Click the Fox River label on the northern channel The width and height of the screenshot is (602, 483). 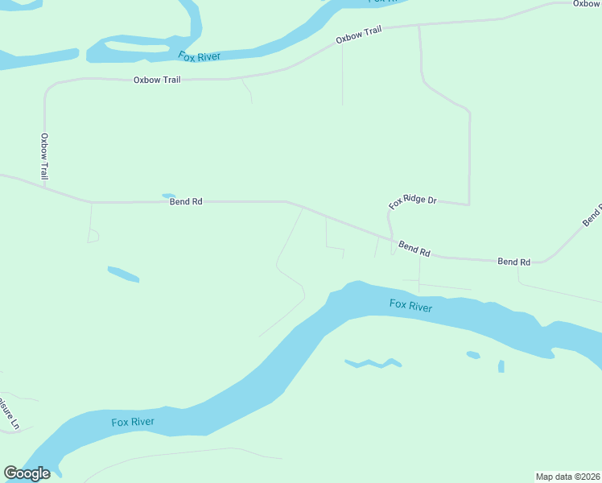pos(199,56)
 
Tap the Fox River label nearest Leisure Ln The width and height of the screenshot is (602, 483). pos(133,422)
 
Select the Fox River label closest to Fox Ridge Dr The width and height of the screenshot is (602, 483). pos(410,305)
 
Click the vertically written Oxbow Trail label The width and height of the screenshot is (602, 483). pos(45,156)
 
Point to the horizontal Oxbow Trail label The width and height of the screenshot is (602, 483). pos(156,80)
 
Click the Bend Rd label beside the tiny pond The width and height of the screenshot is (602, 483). pos(185,202)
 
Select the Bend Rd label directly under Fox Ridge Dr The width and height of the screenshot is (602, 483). pos(414,250)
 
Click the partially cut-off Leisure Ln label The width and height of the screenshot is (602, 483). pos(6,412)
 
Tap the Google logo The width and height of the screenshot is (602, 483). pos(27,473)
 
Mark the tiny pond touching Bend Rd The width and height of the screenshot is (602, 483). pos(168,196)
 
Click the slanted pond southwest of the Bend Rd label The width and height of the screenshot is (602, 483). pos(123,274)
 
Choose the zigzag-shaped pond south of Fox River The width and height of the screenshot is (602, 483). pos(373,363)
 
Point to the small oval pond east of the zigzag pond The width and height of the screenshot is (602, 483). pos(473,354)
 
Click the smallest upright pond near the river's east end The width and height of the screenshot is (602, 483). pos(501,366)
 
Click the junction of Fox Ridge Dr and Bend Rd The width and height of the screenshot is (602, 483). pos(392,240)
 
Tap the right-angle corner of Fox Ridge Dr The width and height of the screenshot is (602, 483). pos(468,204)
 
